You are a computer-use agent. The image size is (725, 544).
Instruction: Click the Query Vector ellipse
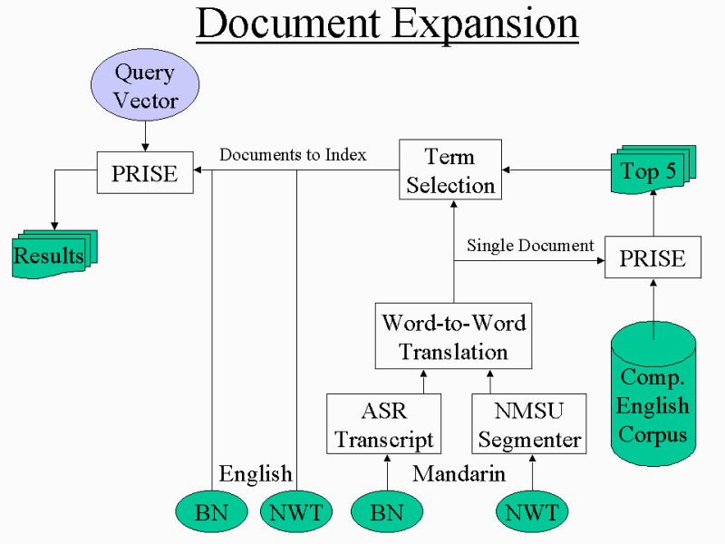(x=145, y=87)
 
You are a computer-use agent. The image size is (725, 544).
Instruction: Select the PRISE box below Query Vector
(x=145, y=172)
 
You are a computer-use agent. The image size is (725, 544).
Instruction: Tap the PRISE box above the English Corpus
(x=652, y=258)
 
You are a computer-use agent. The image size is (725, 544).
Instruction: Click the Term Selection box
(x=450, y=170)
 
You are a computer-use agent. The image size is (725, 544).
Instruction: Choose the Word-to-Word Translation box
(x=453, y=335)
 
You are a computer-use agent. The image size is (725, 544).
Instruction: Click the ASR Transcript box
(x=384, y=424)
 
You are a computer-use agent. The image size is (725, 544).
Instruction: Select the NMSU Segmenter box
(x=529, y=424)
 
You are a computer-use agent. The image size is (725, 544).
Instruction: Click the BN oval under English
(x=211, y=512)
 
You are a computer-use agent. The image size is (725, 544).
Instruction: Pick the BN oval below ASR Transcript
(x=387, y=512)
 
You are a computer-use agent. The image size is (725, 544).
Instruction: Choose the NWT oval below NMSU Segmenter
(x=532, y=512)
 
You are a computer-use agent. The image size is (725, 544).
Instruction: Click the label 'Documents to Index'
(x=293, y=155)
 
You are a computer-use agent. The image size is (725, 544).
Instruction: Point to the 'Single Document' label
(x=530, y=245)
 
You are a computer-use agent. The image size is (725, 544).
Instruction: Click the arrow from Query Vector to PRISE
(x=145, y=135)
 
